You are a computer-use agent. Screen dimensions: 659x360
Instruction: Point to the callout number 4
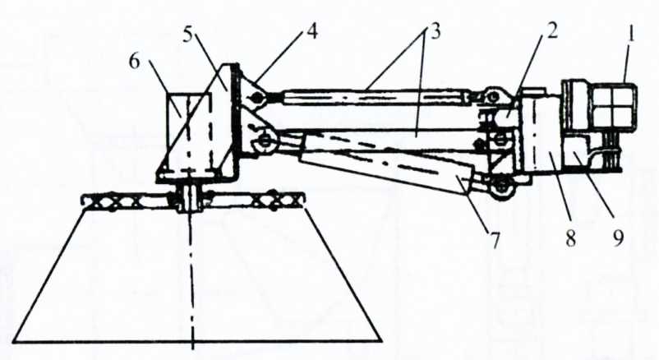click(x=312, y=34)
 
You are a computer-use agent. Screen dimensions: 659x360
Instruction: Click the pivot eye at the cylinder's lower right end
click(x=500, y=190)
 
